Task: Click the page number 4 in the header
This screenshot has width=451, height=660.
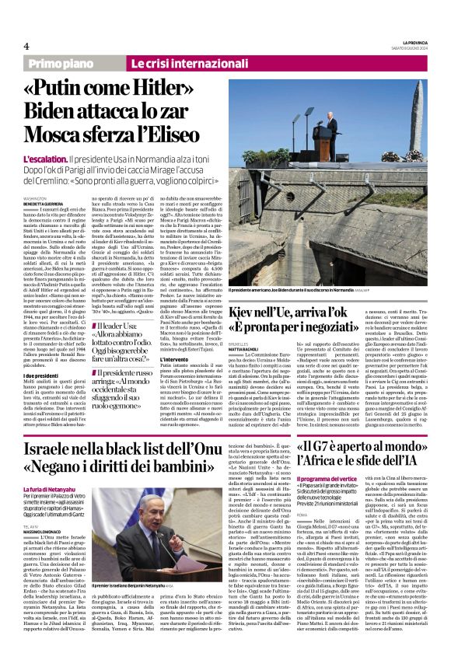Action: (26, 46)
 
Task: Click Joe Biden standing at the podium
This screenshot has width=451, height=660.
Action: (332, 124)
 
